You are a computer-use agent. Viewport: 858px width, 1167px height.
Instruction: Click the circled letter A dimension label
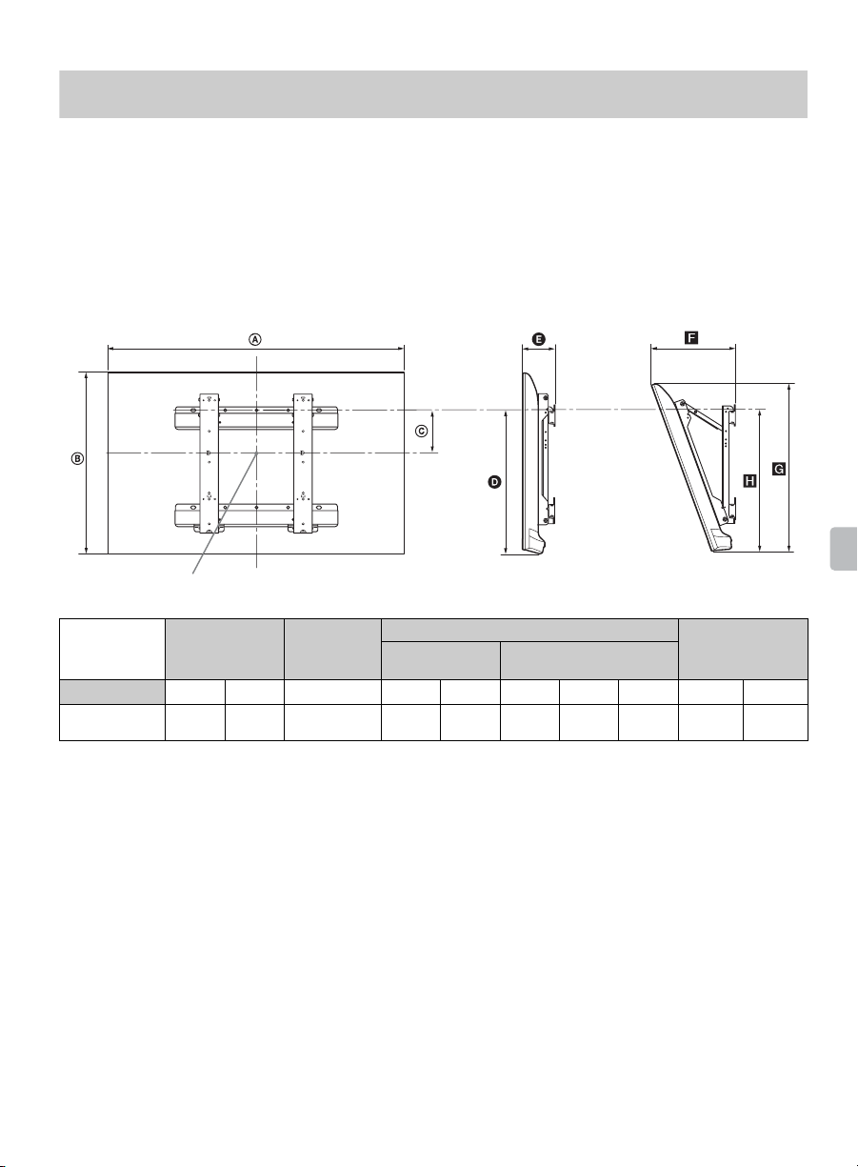254,340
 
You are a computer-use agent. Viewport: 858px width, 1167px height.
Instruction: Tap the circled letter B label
77,459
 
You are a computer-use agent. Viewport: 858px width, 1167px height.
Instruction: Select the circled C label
422,432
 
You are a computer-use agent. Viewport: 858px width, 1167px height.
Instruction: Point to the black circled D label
494,482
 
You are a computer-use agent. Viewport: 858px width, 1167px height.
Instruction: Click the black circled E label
539,340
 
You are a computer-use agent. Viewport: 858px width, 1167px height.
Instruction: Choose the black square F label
691,338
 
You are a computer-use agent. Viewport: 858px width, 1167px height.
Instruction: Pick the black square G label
779,470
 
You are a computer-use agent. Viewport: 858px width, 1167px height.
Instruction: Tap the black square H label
749,480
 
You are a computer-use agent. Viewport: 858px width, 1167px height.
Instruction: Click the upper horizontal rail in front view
256,418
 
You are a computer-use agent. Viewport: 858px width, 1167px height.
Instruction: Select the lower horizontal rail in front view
256,515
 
